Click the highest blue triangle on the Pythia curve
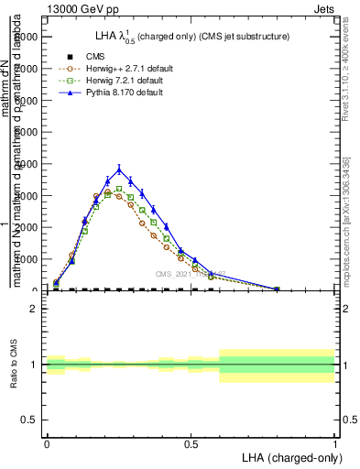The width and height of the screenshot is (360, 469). click(x=119, y=169)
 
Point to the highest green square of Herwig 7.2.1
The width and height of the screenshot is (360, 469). click(x=119, y=189)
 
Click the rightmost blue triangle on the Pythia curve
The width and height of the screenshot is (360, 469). click(x=277, y=289)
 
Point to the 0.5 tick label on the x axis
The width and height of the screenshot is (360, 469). click(x=191, y=443)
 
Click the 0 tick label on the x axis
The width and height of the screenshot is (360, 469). click(x=47, y=443)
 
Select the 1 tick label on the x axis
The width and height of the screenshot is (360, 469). click(x=334, y=443)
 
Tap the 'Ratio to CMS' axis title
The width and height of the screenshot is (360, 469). click(x=14, y=364)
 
